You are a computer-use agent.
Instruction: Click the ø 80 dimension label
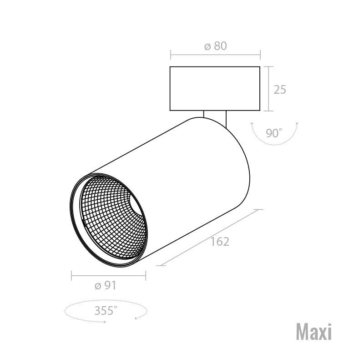click(x=215, y=46)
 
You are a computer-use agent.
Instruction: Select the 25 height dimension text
click(x=280, y=90)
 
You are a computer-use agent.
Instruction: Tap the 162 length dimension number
click(x=220, y=242)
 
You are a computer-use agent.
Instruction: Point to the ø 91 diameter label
click(x=106, y=285)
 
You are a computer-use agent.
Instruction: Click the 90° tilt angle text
click(x=274, y=133)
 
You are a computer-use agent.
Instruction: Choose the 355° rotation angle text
click(x=106, y=311)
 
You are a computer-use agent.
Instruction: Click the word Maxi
click(x=314, y=332)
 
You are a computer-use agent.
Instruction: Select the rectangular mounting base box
click(x=215, y=88)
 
